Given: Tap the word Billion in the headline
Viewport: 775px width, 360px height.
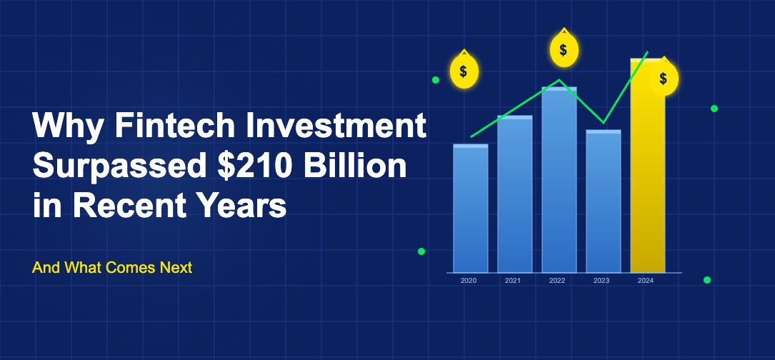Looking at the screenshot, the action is point(355,166).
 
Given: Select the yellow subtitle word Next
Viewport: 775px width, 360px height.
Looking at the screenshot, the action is point(176,268).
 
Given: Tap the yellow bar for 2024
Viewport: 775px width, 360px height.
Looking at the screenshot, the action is point(647,166).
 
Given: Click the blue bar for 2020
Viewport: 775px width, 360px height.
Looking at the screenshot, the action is point(471,208).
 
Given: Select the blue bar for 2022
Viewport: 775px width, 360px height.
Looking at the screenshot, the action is point(559,179).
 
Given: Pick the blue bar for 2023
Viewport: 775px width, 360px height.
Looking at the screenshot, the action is point(604,201).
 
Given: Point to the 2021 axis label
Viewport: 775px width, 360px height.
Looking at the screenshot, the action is point(513,281).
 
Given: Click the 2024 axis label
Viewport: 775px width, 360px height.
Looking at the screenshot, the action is point(646,281).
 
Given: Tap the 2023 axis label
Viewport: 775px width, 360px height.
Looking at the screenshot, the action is point(601,281).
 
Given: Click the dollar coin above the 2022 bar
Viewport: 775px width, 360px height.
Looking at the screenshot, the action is point(564,49).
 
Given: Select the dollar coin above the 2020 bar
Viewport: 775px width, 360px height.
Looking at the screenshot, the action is point(464,71).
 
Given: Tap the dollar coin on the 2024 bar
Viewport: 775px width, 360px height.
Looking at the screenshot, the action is point(664,78).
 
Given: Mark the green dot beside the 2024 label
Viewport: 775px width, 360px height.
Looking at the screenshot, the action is point(707,280).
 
